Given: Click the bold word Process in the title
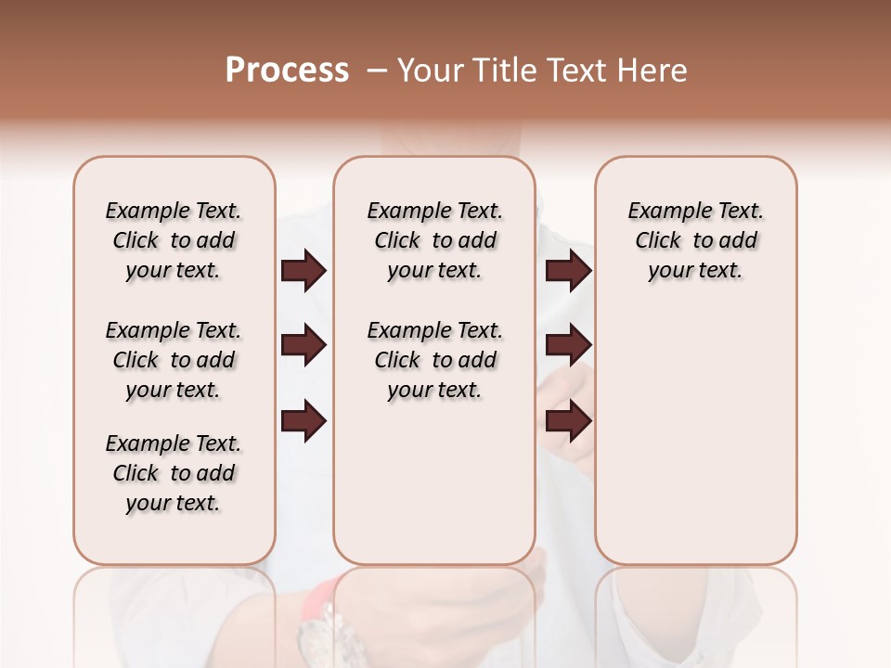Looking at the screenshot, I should click(x=287, y=71).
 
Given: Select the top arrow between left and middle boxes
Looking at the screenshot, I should click(x=303, y=271).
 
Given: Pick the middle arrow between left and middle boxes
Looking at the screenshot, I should click(x=303, y=346).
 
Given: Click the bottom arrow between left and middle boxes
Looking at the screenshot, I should click(x=303, y=420).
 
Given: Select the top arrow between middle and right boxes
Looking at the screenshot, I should click(x=568, y=271).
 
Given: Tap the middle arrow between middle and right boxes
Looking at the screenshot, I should click(x=568, y=346).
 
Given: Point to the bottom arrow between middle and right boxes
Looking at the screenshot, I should click(x=568, y=420).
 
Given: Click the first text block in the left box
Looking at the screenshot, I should click(x=174, y=240).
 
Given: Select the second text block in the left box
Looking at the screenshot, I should click(x=174, y=360).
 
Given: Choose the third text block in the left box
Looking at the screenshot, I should click(x=174, y=473).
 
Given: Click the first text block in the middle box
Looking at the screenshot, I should click(x=434, y=240).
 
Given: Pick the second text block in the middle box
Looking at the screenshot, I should click(x=434, y=360).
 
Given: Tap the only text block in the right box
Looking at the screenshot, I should click(x=695, y=240).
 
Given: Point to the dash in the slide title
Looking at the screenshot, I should click(x=377, y=71).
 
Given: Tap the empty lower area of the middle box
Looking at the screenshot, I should click(x=434, y=482).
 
